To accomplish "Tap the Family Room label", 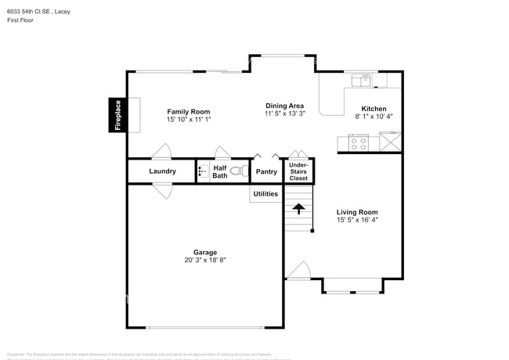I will (x=188, y=112).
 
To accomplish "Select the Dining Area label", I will (x=283, y=106).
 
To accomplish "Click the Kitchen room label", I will (x=374, y=108).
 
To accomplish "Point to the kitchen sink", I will (x=363, y=79).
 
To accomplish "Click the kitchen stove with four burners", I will (x=358, y=143).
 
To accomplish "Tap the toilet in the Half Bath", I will (x=236, y=171).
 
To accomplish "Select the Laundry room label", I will (x=162, y=171).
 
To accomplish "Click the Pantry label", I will (x=266, y=171).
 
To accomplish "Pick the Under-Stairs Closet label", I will (x=298, y=171).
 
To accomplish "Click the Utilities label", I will (x=265, y=193).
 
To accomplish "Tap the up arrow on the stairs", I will (x=298, y=208).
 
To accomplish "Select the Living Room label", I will (x=357, y=212).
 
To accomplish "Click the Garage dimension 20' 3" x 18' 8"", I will (x=200, y=260).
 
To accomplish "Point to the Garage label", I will (x=200, y=252).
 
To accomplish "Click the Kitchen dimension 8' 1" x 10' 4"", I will (x=374, y=117).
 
